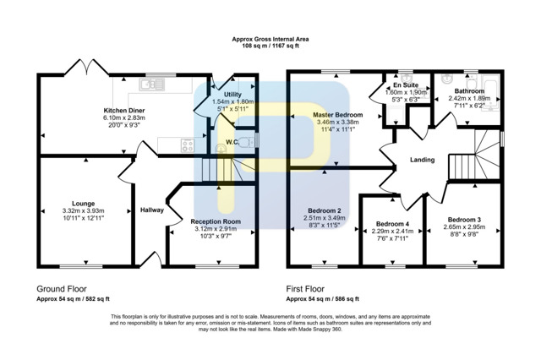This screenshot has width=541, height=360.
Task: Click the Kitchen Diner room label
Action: pyautogui.click(x=124, y=111)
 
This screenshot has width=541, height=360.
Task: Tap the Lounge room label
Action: pyautogui.click(x=84, y=204)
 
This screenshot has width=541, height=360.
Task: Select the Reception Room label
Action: pyautogui.click(x=216, y=221)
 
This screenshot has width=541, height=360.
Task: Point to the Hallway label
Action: pyautogui.click(x=152, y=210)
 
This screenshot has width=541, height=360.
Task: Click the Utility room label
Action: pyautogui.click(x=233, y=95)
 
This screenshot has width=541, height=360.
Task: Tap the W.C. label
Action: pyautogui.click(x=232, y=142)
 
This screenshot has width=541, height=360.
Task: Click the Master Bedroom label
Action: pyautogui.click(x=338, y=115)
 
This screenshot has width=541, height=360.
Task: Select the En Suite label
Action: pyautogui.click(x=406, y=85)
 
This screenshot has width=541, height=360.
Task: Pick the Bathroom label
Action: pyautogui.click(x=469, y=91)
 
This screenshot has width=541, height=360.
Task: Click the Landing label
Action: pyautogui.click(x=423, y=160)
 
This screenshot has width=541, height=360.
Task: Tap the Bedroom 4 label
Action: pyautogui.click(x=392, y=224)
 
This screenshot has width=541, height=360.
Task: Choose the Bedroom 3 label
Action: pyautogui.click(x=464, y=220)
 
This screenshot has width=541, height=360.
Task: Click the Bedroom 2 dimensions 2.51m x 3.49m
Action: pyautogui.click(x=325, y=218)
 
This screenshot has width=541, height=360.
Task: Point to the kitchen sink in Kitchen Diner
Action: pyautogui.click(x=152, y=85)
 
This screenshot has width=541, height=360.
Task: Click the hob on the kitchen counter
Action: pyautogui.click(x=188, y=145)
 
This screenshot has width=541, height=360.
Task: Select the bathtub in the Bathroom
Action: pyautogui.click(x=492, y=93)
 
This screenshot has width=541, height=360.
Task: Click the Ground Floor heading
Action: pyautogui.click(x=62, y=289)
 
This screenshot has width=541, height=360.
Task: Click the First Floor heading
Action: pyautogui.click(x=305, y=289)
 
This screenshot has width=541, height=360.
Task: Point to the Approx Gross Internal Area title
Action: pyautogui.click(x=270, y=40)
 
